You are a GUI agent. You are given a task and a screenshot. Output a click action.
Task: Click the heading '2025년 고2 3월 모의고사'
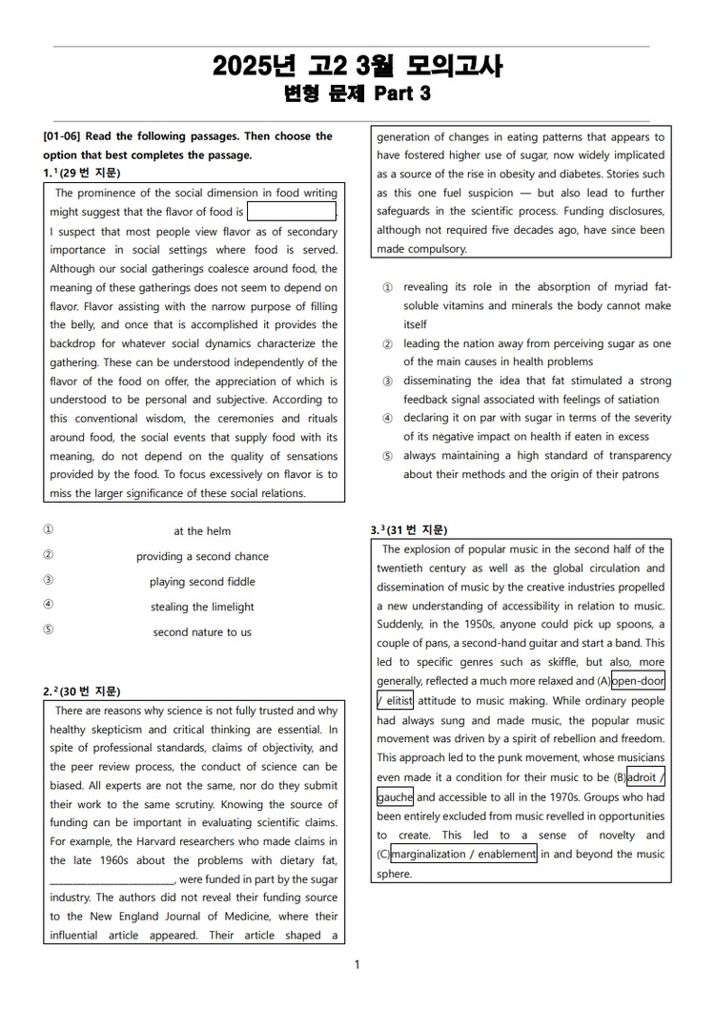click(357, 67)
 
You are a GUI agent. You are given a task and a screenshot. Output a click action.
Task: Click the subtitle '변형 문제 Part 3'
click(357, 93)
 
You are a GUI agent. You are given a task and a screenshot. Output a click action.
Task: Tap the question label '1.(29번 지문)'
click(82, 173)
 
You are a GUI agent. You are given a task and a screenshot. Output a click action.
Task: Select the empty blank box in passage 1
click(292, 212)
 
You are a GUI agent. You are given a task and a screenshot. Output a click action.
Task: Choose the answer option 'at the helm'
click(202, 531)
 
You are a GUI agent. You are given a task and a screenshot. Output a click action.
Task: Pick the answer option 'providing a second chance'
click(202, 556)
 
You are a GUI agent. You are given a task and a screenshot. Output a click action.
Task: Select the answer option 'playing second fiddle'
click(202, 582)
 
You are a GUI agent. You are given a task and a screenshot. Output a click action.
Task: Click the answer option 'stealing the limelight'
click(202, 607)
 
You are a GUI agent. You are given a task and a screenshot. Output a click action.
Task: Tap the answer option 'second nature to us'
click(202, 632)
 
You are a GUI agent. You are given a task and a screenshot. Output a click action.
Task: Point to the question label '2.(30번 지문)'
click(82, 692)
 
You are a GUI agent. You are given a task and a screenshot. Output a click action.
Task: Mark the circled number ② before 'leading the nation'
click(387, 343)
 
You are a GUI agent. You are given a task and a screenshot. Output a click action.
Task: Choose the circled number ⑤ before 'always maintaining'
click(387, 456)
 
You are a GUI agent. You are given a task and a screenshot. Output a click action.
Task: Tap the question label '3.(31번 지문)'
click(409, 530)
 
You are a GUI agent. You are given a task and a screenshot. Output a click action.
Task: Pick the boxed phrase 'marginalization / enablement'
click(463, 855)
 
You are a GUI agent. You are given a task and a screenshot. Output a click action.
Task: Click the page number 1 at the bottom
click(357, 965)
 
